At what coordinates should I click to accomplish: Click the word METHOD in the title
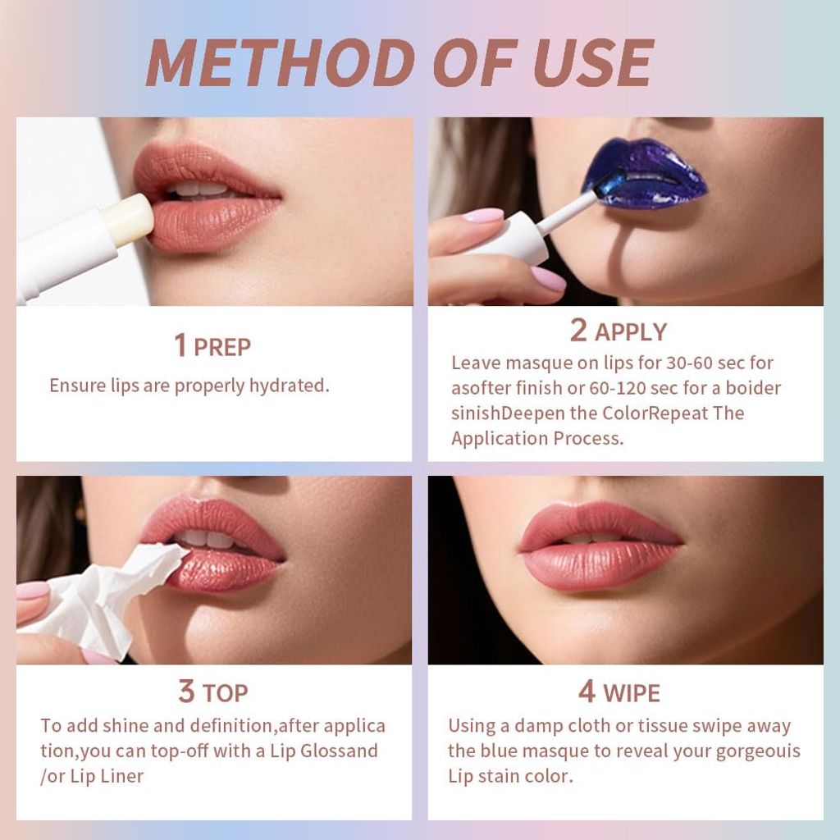point(281,62)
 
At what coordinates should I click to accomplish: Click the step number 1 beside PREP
point(180,345)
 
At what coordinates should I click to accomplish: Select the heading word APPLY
point(631,332)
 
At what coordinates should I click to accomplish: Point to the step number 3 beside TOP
point(186,691)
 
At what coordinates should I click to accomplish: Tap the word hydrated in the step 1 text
point(289,386)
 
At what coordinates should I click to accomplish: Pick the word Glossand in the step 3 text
point(339,751)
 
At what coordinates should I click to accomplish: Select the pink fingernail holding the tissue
point(33,591)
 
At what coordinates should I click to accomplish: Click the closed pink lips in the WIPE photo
point(600,546)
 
